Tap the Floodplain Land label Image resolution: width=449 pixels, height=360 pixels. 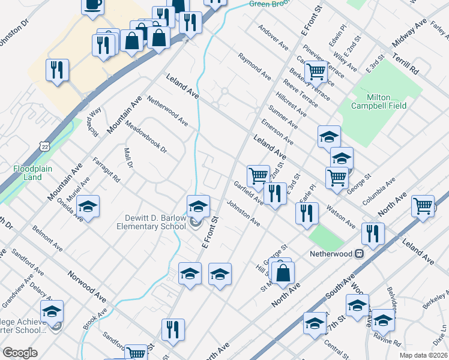[x=29, y=173]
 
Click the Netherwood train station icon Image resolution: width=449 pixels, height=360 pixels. [x=358, y=254]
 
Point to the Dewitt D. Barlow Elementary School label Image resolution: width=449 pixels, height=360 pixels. [x=151, y=222]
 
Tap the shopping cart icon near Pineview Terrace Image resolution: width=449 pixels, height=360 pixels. [x=316, y=72]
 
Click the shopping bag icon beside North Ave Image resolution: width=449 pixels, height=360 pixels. [x=282, y=272]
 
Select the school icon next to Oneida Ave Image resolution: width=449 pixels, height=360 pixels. [x=88, y=208]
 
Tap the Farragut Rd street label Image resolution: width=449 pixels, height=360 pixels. [x=107, y=170]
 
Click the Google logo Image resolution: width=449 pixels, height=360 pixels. [x=20, y=353]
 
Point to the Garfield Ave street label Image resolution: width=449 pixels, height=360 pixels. [x=248, y=192]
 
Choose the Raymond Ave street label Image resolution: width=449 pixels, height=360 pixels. [x=254, y=66]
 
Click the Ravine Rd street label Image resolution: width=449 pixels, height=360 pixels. [x=390, y=339]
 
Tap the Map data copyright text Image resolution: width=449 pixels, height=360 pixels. [x=424, y=355]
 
